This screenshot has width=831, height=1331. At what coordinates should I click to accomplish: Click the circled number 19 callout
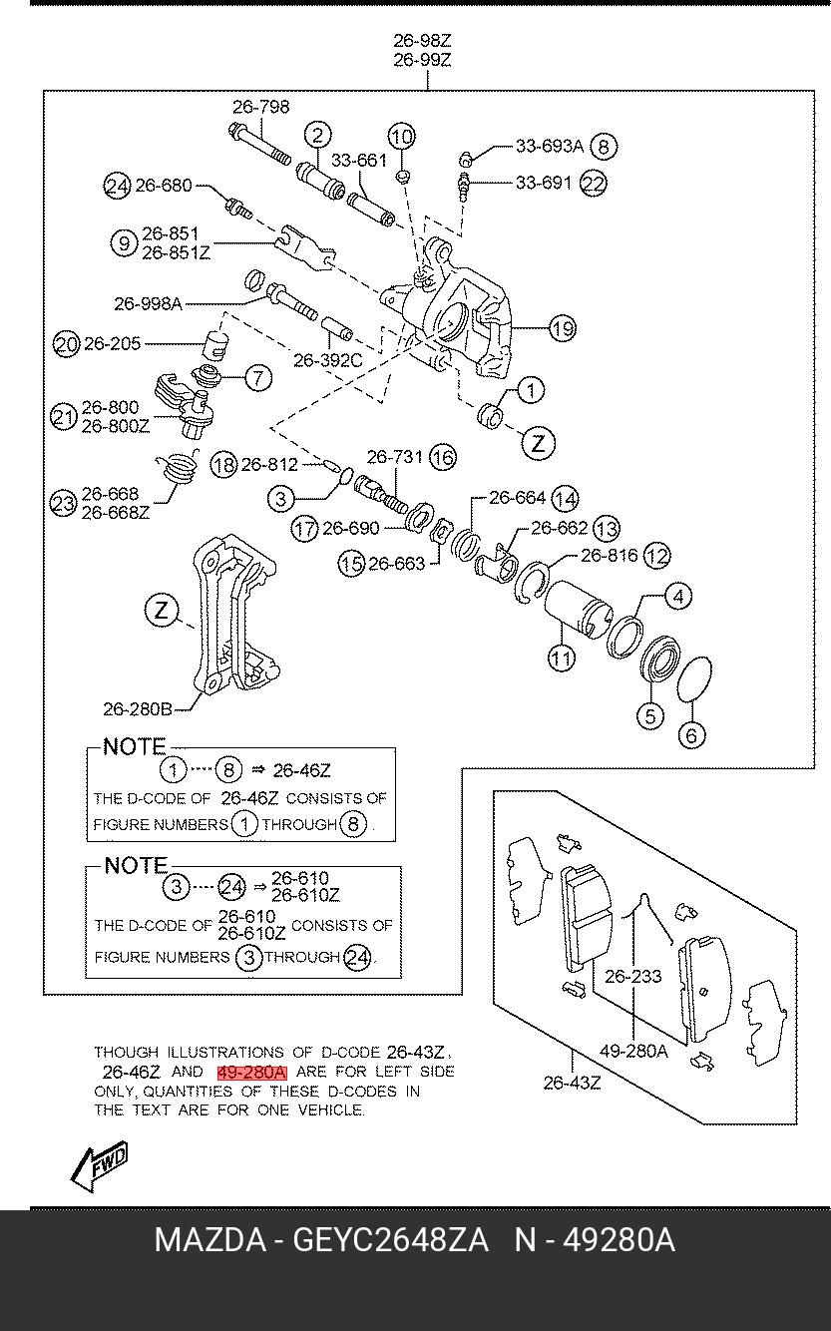[x=563, y=328]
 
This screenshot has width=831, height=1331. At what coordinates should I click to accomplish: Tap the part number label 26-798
[x=261, y=107]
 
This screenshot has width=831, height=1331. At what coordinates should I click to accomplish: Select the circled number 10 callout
[x=400, y=137]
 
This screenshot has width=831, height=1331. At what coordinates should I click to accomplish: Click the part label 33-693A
[x=549, y=146]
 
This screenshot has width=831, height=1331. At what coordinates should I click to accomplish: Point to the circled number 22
[x=594, y=184]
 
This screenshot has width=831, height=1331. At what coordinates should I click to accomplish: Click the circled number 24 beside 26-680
[x=118, y=185]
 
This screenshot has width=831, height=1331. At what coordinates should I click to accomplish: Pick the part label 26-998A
[x=147, y=303]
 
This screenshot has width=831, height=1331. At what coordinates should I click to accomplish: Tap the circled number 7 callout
[x=257, y=377]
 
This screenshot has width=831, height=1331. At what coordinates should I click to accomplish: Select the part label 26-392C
[x=327, y=360]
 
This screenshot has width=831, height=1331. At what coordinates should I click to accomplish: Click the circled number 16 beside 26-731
[x=443, y=457]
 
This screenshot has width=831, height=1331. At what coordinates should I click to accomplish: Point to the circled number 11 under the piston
[x=562, y=658]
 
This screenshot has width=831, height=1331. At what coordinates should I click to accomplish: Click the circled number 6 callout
[x=691, y=736]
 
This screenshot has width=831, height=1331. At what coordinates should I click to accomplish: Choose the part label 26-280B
[x=137, y=709]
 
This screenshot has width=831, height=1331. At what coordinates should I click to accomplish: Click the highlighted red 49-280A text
[x=252, y=1072]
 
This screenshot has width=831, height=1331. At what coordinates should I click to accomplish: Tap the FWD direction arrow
[x=100, y=1166]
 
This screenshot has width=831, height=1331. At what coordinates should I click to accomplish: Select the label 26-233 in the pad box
[x=633, y=977]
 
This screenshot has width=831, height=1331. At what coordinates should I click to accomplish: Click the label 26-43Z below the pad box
[x=572, y=1083]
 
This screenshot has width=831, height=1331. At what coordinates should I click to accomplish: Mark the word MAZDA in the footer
[x=209, y=1240]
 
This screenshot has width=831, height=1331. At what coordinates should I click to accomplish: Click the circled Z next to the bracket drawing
[x=162, y=610]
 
